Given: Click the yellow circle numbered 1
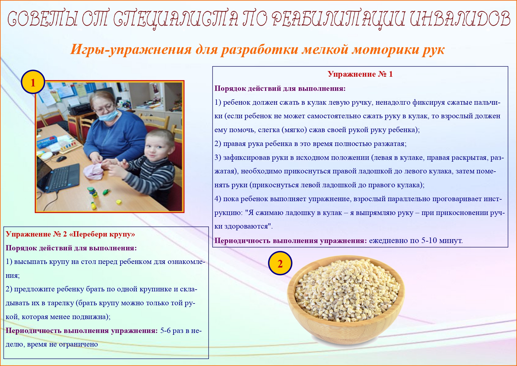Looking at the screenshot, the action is click(x=33, y=82).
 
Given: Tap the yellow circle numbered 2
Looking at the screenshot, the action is click(x=280, y=263).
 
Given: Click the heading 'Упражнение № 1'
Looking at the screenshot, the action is click(x=360, y=74).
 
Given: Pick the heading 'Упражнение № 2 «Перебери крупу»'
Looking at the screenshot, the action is click(x=70, y=234).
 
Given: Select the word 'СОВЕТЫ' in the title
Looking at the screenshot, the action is click(x=43, y=19).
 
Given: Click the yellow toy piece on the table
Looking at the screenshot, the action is click(x=119, y=202).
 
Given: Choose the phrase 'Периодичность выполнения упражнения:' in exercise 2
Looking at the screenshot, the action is click(x=82, y=331).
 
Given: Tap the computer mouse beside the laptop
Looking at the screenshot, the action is click(x=61, y=159).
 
